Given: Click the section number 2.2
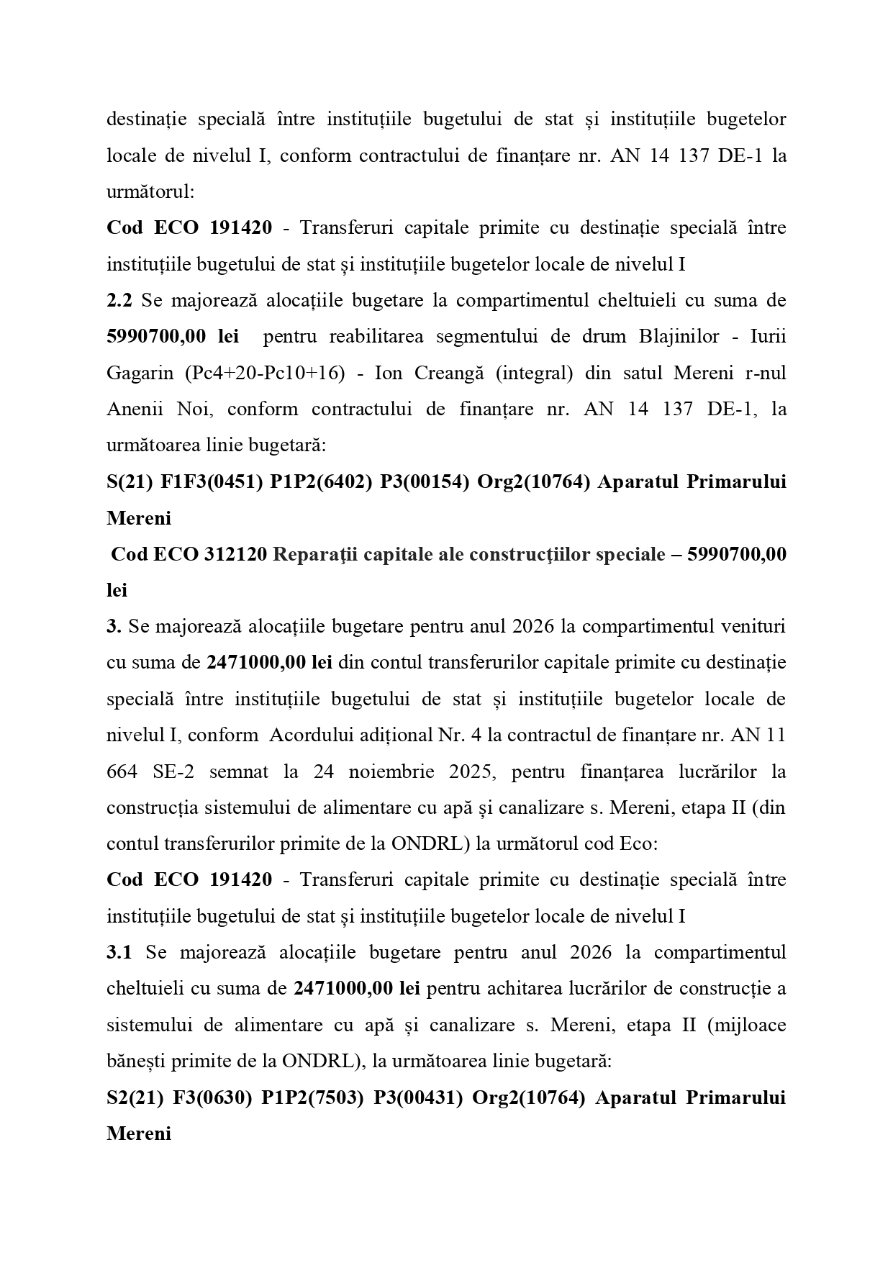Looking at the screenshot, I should click(119, 300).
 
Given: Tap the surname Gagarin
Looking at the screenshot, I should click(140, 373).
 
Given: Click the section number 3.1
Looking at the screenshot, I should click(119, 952).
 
